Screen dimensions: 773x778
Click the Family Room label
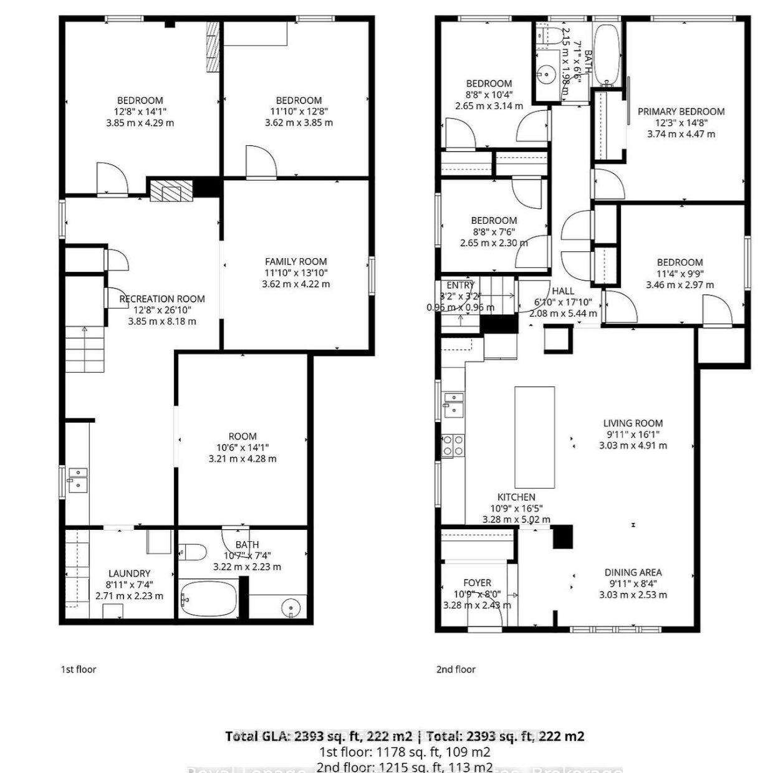click(x=295, y=262)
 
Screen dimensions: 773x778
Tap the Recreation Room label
click(x=162, y=299)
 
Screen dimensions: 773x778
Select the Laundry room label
click(x=129, y=574)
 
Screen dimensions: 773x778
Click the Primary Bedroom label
click(x=681, y=112)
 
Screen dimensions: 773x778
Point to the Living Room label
click(x=633, y=423)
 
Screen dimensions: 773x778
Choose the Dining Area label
click(x=633, y=572)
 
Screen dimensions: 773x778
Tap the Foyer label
click(x=477, y=583)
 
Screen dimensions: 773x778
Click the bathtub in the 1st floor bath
click(x=208, y=599)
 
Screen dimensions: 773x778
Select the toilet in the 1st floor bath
click(x=193, y=552)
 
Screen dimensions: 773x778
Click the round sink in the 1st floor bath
click(x=291, y=607)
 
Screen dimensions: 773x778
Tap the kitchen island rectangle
click(x=534, y=437)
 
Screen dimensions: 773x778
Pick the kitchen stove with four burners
click(x=453, y=445)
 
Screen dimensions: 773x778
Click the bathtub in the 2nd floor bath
click(x=606, y=55)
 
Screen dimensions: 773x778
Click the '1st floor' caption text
click(x=79, y=670)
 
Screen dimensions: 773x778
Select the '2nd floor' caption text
click(x=456, y=670)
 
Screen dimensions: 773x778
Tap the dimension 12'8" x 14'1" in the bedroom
click(x=140, y=112)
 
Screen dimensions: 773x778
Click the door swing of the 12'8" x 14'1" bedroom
click(x=111, y=178)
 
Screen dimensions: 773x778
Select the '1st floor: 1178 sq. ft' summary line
click(x=405, y=752)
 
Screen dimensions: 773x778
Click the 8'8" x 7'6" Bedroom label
click(x=494, y=221)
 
